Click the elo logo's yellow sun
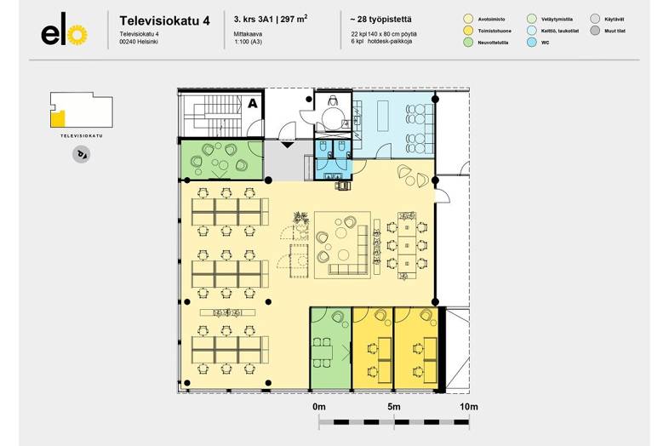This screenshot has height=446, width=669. click(x=77, y=35)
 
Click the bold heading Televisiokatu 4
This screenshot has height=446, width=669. click(x=164, y=20)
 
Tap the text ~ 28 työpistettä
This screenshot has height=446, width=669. click(x=380, y=17)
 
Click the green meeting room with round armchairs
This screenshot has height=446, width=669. click(x=223, y=158)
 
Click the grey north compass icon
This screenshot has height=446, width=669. click(x=82, y=154)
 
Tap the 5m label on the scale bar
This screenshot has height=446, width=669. click(x=394, y=407)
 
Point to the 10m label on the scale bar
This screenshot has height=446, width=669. click(x=469, y=407)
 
